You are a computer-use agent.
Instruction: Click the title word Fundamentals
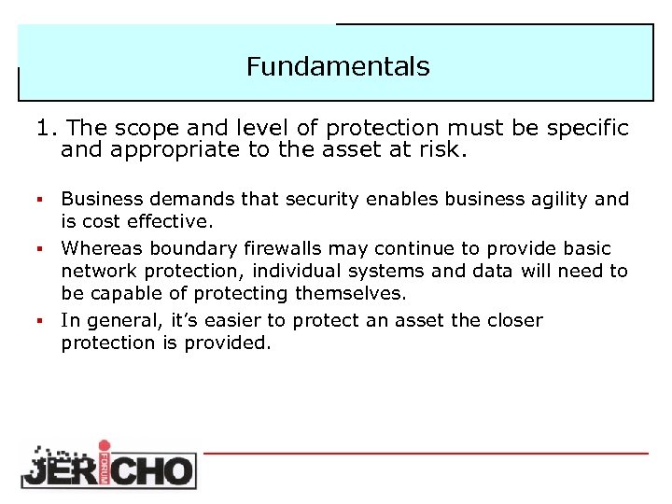click(338, 67)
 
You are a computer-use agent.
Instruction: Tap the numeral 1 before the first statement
click(41, 128)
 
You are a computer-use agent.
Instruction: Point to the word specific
click(583, 128)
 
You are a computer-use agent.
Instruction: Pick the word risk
click(441, 150)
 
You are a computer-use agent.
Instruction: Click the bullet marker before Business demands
click(41, 200)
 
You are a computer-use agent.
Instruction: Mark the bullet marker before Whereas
click(41, 249)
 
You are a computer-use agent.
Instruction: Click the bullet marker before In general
click(41, 321)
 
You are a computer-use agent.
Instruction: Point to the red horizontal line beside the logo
click(426, 454)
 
